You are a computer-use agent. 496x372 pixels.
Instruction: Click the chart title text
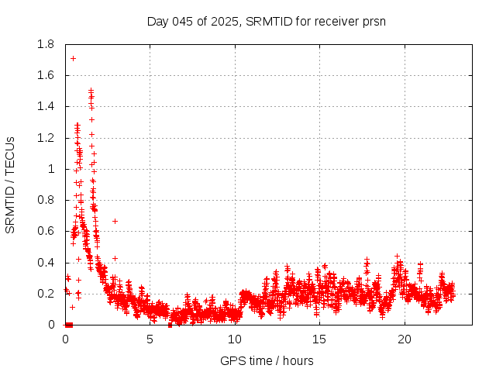[267, 21]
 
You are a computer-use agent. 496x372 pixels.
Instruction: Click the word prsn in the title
[373, 21]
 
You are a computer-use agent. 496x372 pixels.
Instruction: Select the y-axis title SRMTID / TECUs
[10, 184]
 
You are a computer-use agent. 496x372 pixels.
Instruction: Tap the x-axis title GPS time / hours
[267, 360]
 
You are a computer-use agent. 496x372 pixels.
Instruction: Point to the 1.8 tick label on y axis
[46, 44]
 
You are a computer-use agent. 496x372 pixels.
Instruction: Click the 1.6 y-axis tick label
[46, 75]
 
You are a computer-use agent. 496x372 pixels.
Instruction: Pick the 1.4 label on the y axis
[46, 106]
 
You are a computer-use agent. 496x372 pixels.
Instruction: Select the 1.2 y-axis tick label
[46, 138]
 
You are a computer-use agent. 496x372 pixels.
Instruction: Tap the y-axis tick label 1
[51, 169]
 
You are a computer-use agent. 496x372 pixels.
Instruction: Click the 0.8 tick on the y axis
[46, 200]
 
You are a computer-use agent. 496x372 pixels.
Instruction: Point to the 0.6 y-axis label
[46, 231]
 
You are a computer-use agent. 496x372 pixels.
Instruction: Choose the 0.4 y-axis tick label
[46, 262]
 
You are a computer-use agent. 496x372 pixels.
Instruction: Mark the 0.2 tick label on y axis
[46, 294]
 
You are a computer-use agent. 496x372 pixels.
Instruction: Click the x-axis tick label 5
[150, 339]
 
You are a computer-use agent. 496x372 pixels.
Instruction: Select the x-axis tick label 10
[235, 339]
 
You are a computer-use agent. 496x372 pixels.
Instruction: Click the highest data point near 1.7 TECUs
[73, 58]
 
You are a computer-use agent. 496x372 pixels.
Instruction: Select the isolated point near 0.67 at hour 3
[115, 221]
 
